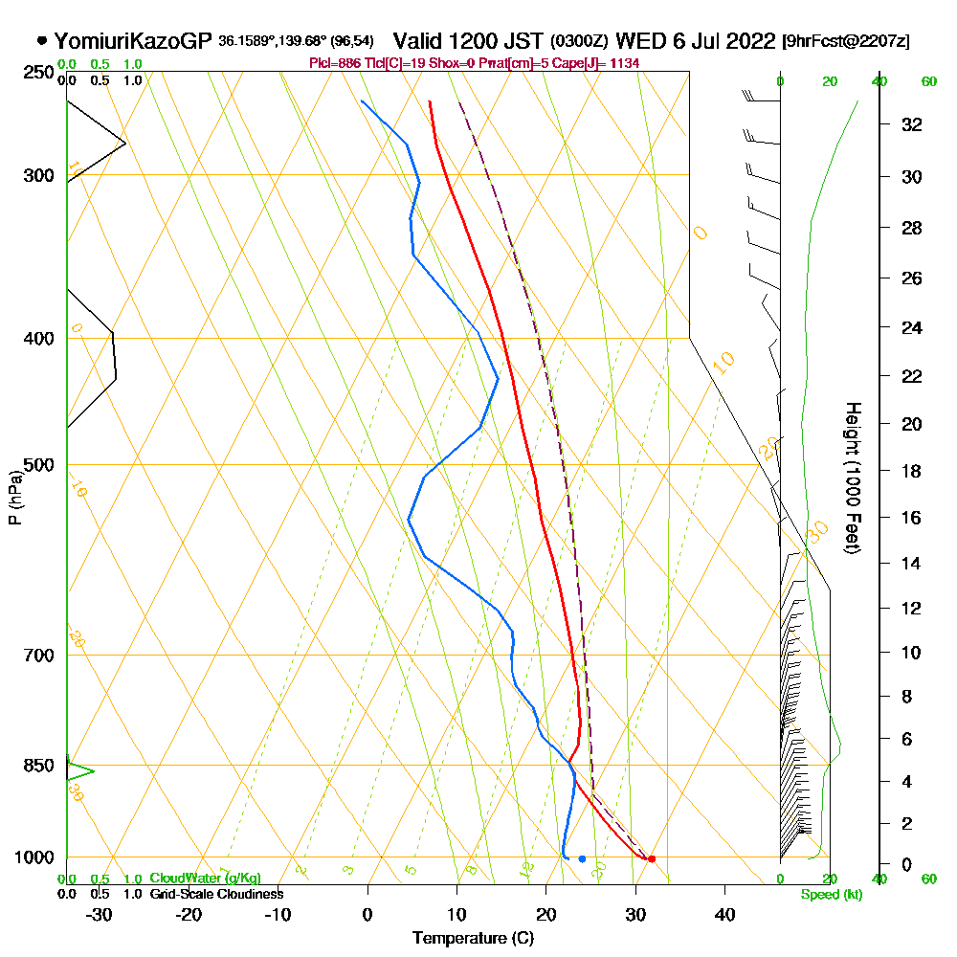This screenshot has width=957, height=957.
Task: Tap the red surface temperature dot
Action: (652, 858)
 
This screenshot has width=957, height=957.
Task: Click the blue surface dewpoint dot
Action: (582, 858)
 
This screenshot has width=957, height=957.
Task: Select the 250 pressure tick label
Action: (37, 73)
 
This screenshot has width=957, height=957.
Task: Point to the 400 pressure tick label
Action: (37, 339)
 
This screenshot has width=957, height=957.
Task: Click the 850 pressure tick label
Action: (37, 766)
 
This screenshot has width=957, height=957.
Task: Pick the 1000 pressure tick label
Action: (33, 857)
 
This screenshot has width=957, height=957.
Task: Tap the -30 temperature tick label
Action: (99, 914)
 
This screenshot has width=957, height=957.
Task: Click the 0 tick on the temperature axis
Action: (367, 914)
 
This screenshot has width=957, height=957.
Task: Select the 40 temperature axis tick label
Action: (724, 914)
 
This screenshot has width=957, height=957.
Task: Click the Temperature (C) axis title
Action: (473, 939)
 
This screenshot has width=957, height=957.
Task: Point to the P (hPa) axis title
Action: (14, 497)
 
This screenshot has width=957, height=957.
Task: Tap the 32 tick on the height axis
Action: (912, 124)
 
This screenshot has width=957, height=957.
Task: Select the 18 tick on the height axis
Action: (912, 471)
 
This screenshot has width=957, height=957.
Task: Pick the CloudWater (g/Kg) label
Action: (205, 879)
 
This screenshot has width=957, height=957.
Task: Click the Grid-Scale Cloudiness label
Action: (216, 894)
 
